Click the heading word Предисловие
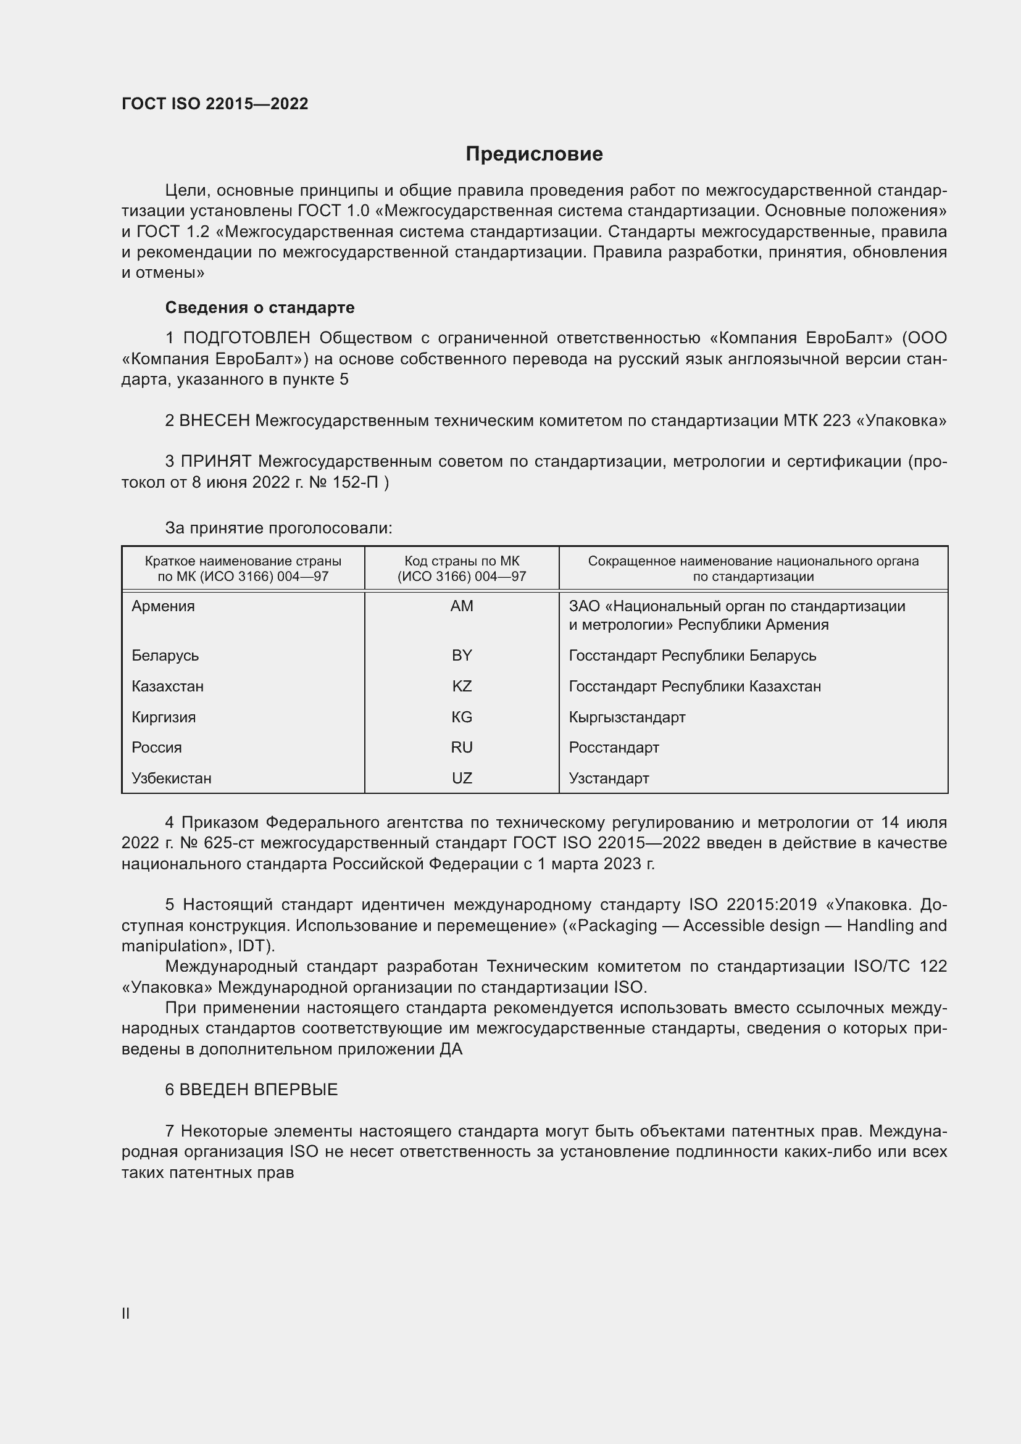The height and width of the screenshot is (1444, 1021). [534, 154]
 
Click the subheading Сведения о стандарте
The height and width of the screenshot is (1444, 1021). [260, 307]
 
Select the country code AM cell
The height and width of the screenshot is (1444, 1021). [462, 606]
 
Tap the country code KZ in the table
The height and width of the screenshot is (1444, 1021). [462, 686]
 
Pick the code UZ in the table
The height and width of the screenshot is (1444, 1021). [462, 778]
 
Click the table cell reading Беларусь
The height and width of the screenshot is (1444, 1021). [165, 656]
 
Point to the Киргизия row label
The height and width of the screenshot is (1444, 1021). [164, 717]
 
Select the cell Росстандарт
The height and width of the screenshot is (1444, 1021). [614, 747]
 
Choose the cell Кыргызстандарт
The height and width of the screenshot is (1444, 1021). [627, 717]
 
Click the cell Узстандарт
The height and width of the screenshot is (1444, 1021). [609, 778]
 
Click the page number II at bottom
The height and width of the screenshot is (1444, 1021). [126, 1313]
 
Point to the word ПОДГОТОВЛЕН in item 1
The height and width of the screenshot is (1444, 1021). [246, 338]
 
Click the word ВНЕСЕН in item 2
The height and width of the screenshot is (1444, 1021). [214, 421]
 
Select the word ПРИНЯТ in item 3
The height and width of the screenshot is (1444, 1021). [216, 462]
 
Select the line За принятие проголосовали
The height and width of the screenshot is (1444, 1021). [278, 528]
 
